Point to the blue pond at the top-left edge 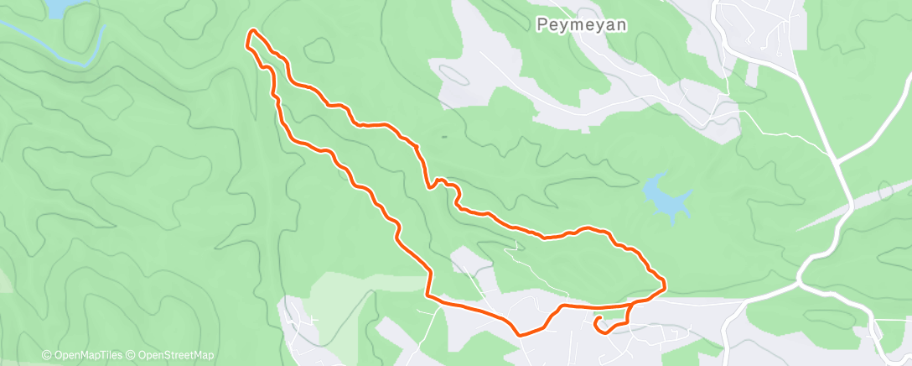pyautogui.click(x=59, y=8)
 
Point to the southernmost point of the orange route pyautogui.click(x=521, y=334)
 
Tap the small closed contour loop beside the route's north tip pyautogui.click(x=319, y=50)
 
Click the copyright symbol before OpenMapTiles pyautogui.click(x=46, y=355)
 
